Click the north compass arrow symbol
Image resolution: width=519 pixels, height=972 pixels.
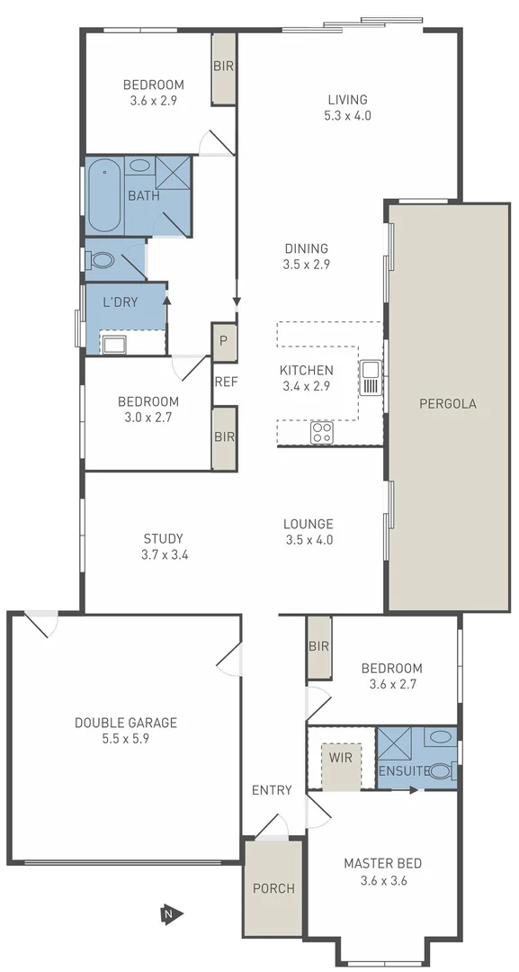click(171, 914)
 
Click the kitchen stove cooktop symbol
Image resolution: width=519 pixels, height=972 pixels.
click(322, 433)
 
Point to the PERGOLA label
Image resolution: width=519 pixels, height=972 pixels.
click(447, 403)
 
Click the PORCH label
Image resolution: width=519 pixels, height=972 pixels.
click(273, 888)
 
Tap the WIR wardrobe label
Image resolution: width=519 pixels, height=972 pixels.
click(341, 757)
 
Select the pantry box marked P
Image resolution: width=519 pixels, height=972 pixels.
click(224, 341)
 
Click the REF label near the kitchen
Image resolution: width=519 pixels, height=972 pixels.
click(226, 382)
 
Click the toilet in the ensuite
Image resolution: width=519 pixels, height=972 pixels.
click(440, 770)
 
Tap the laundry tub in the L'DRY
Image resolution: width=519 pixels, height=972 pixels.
click(113, 343)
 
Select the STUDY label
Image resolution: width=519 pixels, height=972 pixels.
click(163, 539)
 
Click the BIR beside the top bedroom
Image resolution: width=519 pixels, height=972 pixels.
click(223, 66)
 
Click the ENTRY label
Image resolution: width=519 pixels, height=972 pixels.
click(272, 790)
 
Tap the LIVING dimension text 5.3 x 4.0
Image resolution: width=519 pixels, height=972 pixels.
click(348, 115)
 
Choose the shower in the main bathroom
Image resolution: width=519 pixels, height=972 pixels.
click(172, 171)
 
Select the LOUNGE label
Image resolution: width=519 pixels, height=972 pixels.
click(308, 524)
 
